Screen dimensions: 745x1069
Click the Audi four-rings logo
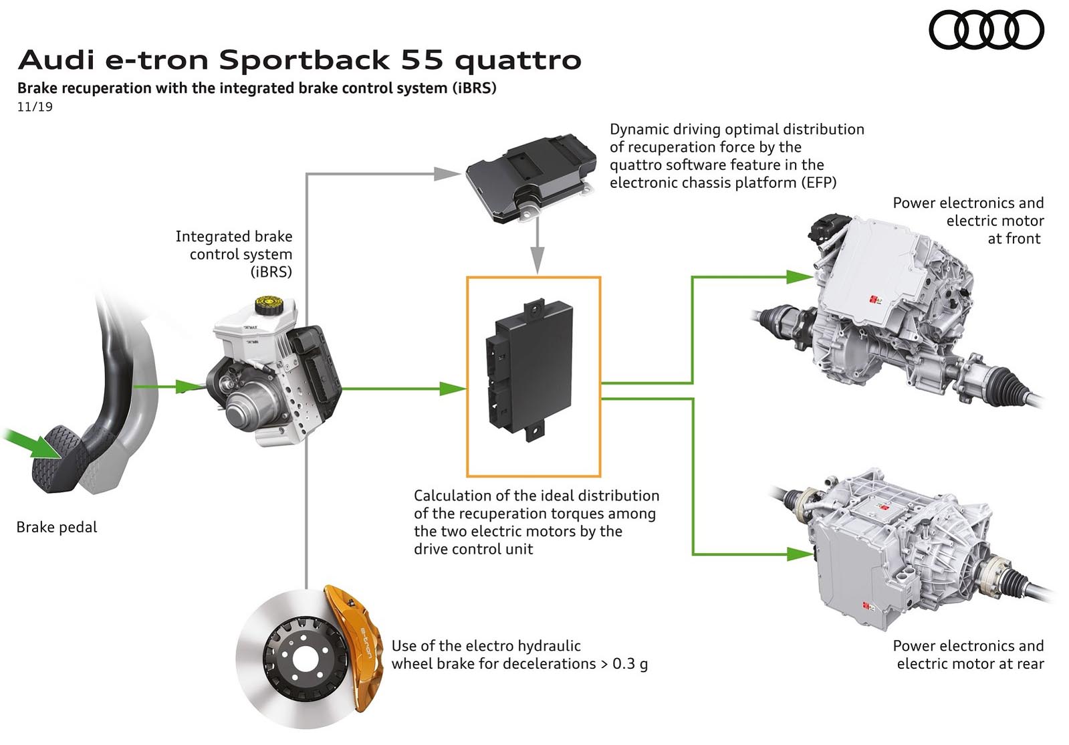click(986, 31)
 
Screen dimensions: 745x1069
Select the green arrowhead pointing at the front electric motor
click(800, 276)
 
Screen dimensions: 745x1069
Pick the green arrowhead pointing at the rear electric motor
click(800, 554)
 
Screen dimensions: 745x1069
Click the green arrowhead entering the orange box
click(452, 388)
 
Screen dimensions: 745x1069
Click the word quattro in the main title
click(518, 60)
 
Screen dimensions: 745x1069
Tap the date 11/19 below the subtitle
click(35, 107)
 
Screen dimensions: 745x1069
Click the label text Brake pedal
click(57, 527)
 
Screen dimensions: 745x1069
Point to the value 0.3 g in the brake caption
click(630, 664)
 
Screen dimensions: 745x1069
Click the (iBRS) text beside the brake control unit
click(271, 272)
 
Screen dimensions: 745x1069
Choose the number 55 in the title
click(422, 60)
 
